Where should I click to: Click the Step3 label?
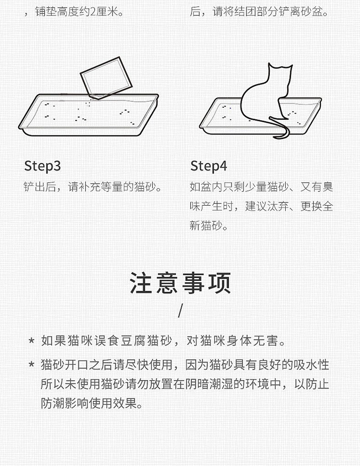(42, 166)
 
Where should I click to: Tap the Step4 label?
(209, 166)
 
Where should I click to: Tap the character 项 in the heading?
(220, 283)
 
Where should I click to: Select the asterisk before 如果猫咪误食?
(31, 340)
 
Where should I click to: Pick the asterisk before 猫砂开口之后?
(31, 364)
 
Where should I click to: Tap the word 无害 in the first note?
(265, 341)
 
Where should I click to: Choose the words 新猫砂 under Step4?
(206, 226)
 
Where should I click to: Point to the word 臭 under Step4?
(328, 187)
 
